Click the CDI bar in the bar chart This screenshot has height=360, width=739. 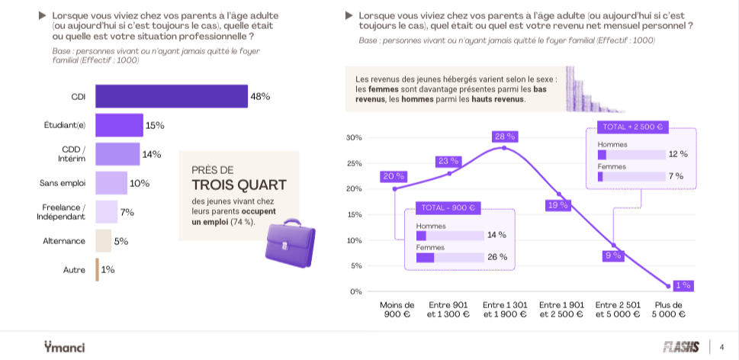(172, 96)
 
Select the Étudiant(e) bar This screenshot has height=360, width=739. (119, 125)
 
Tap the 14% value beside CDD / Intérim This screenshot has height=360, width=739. (152, 154)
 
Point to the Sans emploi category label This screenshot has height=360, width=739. (63, 183)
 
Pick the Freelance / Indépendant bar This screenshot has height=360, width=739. (107, 211)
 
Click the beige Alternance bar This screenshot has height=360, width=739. (104, 241)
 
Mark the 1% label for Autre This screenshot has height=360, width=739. (108, 269)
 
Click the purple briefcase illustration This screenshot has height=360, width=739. (290, 243)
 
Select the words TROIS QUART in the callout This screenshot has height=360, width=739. (239, 185)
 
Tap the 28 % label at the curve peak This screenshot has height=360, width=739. (504, 137)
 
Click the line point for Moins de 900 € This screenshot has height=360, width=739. (394, 189)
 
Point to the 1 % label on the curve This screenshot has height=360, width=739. (683, 285)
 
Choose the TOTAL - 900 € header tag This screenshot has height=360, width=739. (448, 207)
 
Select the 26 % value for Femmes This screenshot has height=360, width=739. (497, 257)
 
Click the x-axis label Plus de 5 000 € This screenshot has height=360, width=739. (668, 310)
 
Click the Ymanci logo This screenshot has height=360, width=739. (65, 347)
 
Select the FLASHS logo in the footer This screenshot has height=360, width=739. (681, 347)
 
